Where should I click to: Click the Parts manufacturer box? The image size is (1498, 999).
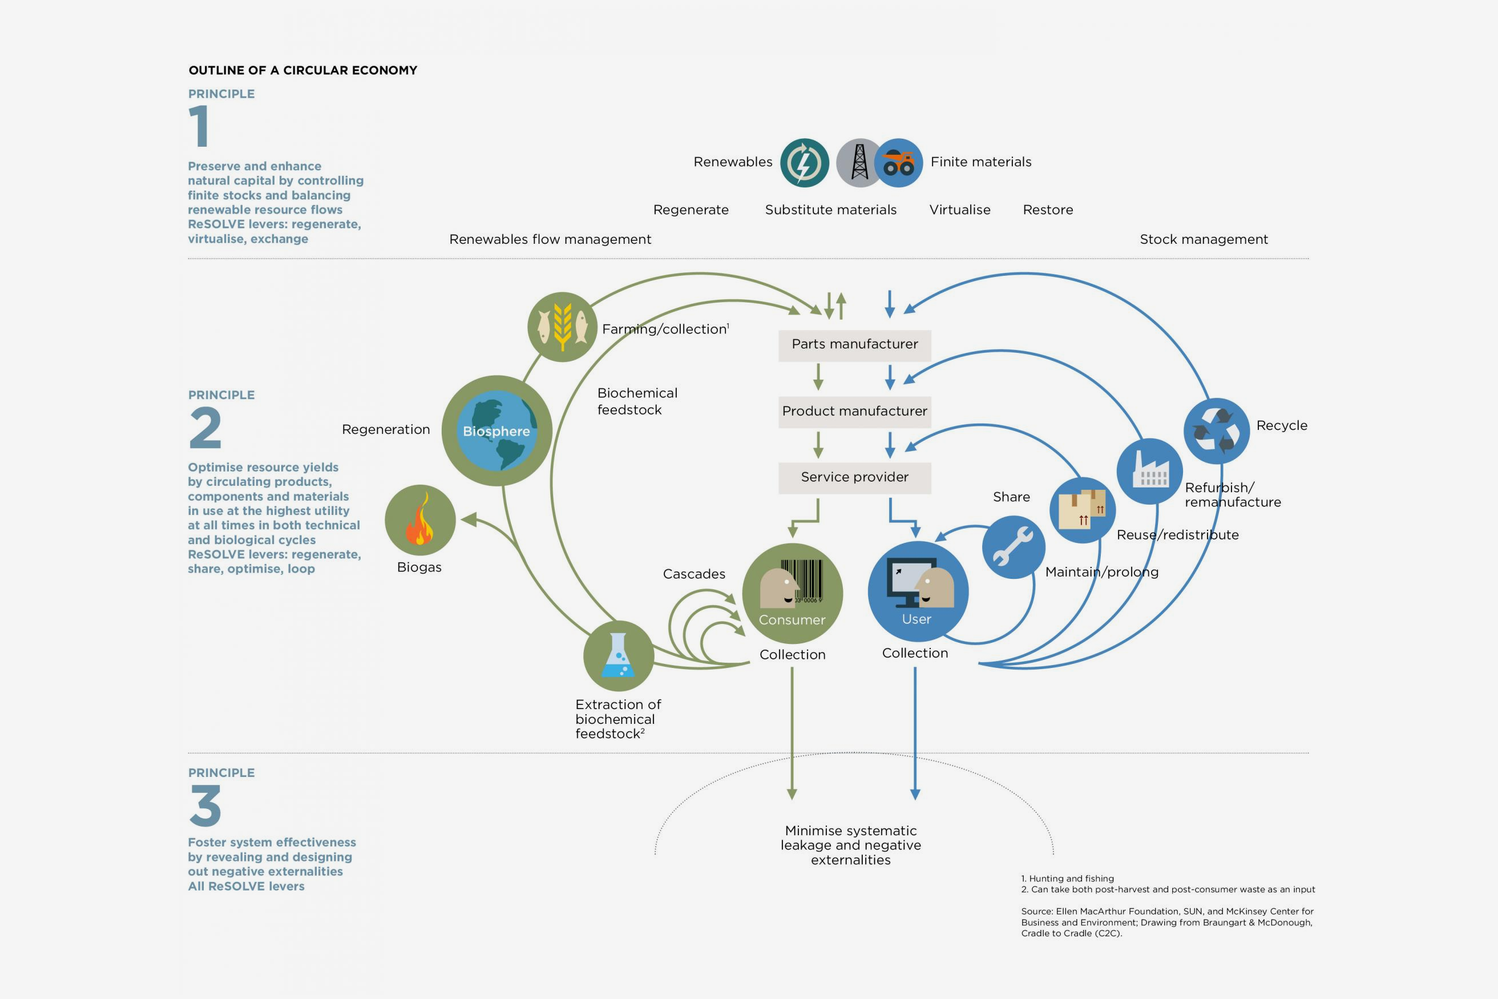coord(854,345)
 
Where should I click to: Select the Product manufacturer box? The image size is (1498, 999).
coord(854,412)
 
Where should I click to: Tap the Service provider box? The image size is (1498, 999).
coord(854,477)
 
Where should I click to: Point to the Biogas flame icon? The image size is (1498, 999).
coord(419,520)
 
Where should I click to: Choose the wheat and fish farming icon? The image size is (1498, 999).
coord(562,327)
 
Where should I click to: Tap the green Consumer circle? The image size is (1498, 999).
coord(792,594)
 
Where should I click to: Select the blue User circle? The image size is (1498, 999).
coord(917,591)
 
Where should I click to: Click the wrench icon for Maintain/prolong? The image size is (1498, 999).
coord(1013,547)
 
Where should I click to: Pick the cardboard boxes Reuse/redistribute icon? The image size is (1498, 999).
coord(1081,510)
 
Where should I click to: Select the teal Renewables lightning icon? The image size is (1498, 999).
coord(805,163)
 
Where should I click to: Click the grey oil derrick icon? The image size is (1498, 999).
coord(859,163)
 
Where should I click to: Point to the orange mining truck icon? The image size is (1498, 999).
coord(899,163)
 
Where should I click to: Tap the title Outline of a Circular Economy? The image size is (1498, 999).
coord(302,70)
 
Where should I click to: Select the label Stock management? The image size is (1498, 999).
coord(1203,240)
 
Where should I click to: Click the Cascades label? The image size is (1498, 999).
coord(693,574)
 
